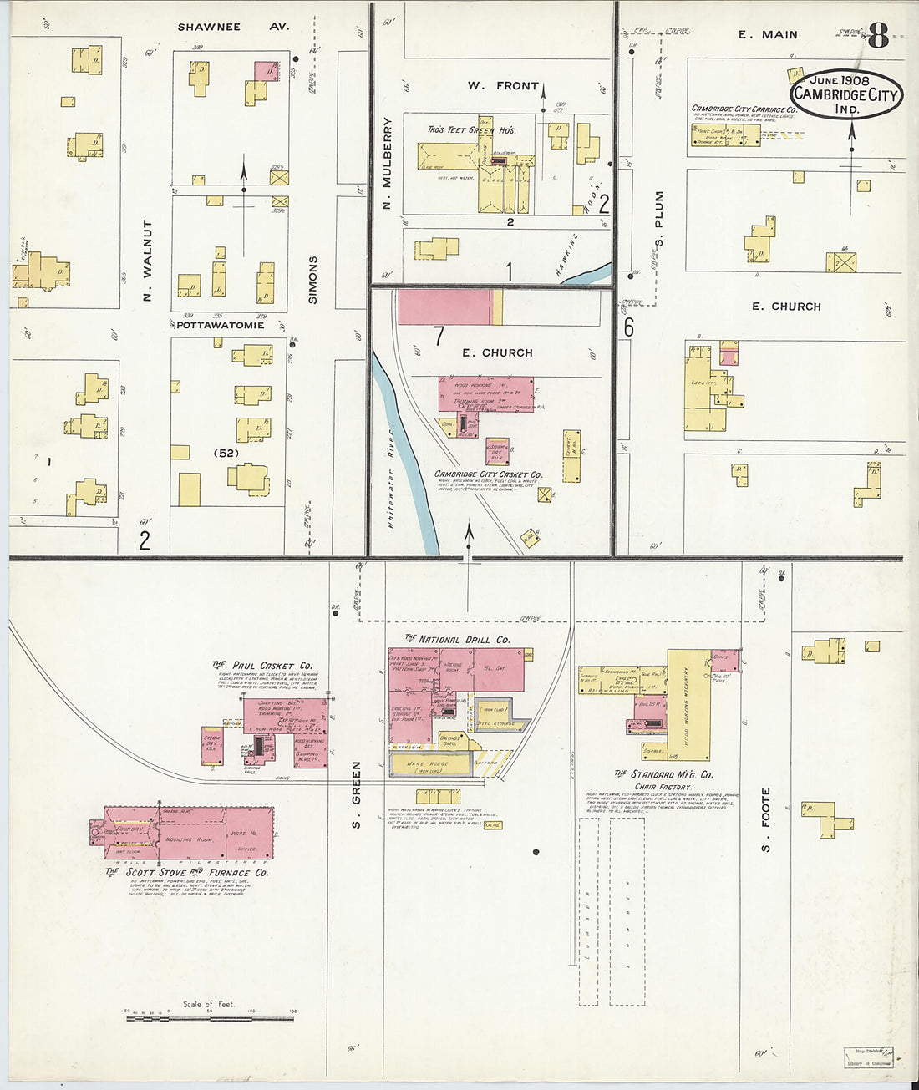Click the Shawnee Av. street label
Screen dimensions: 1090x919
(x=232, y=27)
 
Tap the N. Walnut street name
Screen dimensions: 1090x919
(x=148, y=260)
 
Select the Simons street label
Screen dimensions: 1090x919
(x=313, y=279)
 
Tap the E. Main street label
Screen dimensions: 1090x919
(x=767, y=34)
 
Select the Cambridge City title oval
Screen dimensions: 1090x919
(x=846, y=95)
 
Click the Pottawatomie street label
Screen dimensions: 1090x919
(x=221, y=325)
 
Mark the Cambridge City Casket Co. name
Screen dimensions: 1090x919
(x=488, y=474)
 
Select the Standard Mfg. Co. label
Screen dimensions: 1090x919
(x=664, y=774)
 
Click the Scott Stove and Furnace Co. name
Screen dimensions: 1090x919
(x=187, y=872)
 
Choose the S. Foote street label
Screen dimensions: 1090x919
(x=765, y=819)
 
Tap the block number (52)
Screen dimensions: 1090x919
(x=226, y=454)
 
